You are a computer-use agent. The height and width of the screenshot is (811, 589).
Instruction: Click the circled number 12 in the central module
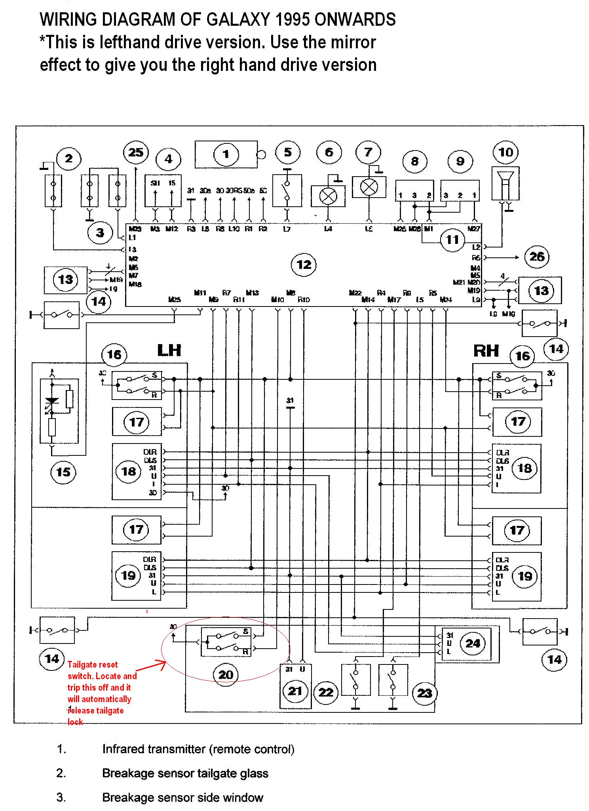click(304, 265)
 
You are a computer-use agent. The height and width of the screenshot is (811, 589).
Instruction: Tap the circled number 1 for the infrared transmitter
click(226, 154)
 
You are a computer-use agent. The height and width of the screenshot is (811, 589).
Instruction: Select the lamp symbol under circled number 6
click(328, 196)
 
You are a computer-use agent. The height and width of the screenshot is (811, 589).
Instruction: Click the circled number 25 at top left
click(136, 152)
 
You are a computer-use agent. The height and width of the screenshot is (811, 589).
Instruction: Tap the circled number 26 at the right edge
click(537, 257)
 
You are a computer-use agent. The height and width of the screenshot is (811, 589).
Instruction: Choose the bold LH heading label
click(169, 350)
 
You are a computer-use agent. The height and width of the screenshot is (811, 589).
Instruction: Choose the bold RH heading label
click(486, 351)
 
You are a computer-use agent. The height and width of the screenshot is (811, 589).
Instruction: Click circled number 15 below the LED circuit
click(63, 472)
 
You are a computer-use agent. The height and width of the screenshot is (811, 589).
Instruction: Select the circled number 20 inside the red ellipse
click(226, 674)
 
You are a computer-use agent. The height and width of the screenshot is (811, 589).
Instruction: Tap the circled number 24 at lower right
click(473, 643)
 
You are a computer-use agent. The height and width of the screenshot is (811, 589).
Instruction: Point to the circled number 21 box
click(295, 691)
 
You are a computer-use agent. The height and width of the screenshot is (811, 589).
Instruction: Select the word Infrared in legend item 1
click(123, 749)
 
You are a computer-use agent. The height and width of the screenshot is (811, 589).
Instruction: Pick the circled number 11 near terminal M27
click(452, 239)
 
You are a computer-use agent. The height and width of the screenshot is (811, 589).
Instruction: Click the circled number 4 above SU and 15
click(168, 159)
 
